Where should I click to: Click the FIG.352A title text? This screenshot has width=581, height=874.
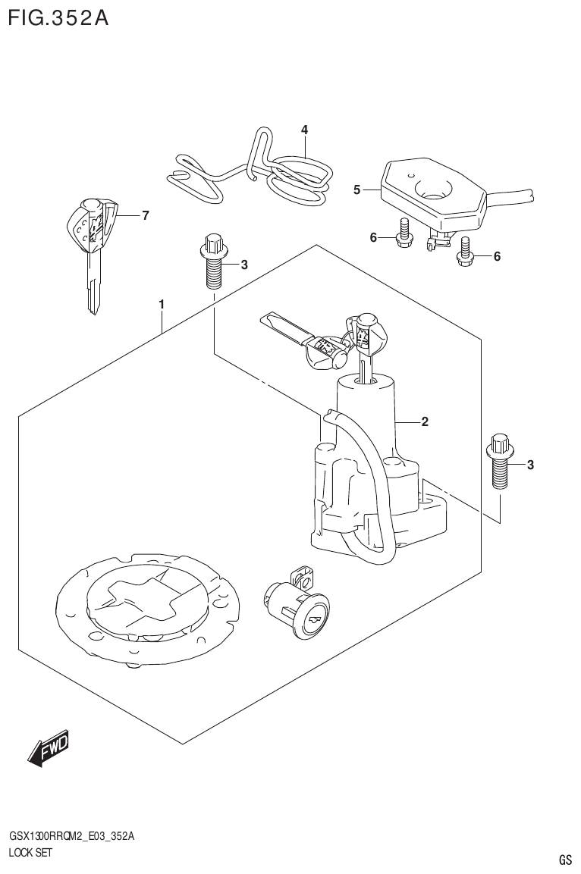coord(58,17)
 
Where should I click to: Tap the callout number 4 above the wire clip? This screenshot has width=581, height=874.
coord(304,130)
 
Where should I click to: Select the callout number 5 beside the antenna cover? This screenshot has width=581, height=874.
coord(356,190)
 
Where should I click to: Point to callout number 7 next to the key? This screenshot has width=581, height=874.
coord(145,215)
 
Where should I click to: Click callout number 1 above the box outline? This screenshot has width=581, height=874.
coord(162,304)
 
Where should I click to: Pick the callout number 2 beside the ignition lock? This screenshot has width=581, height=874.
coord(425,421)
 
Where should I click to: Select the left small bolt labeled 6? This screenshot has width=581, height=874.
coord(404,234)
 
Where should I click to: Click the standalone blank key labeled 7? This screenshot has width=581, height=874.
coord(93,250)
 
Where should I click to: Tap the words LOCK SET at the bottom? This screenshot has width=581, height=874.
coord(30,852)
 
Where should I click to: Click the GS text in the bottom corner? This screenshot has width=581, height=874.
coord(564,860)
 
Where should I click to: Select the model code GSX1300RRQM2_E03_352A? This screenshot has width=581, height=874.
coord(71,836)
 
